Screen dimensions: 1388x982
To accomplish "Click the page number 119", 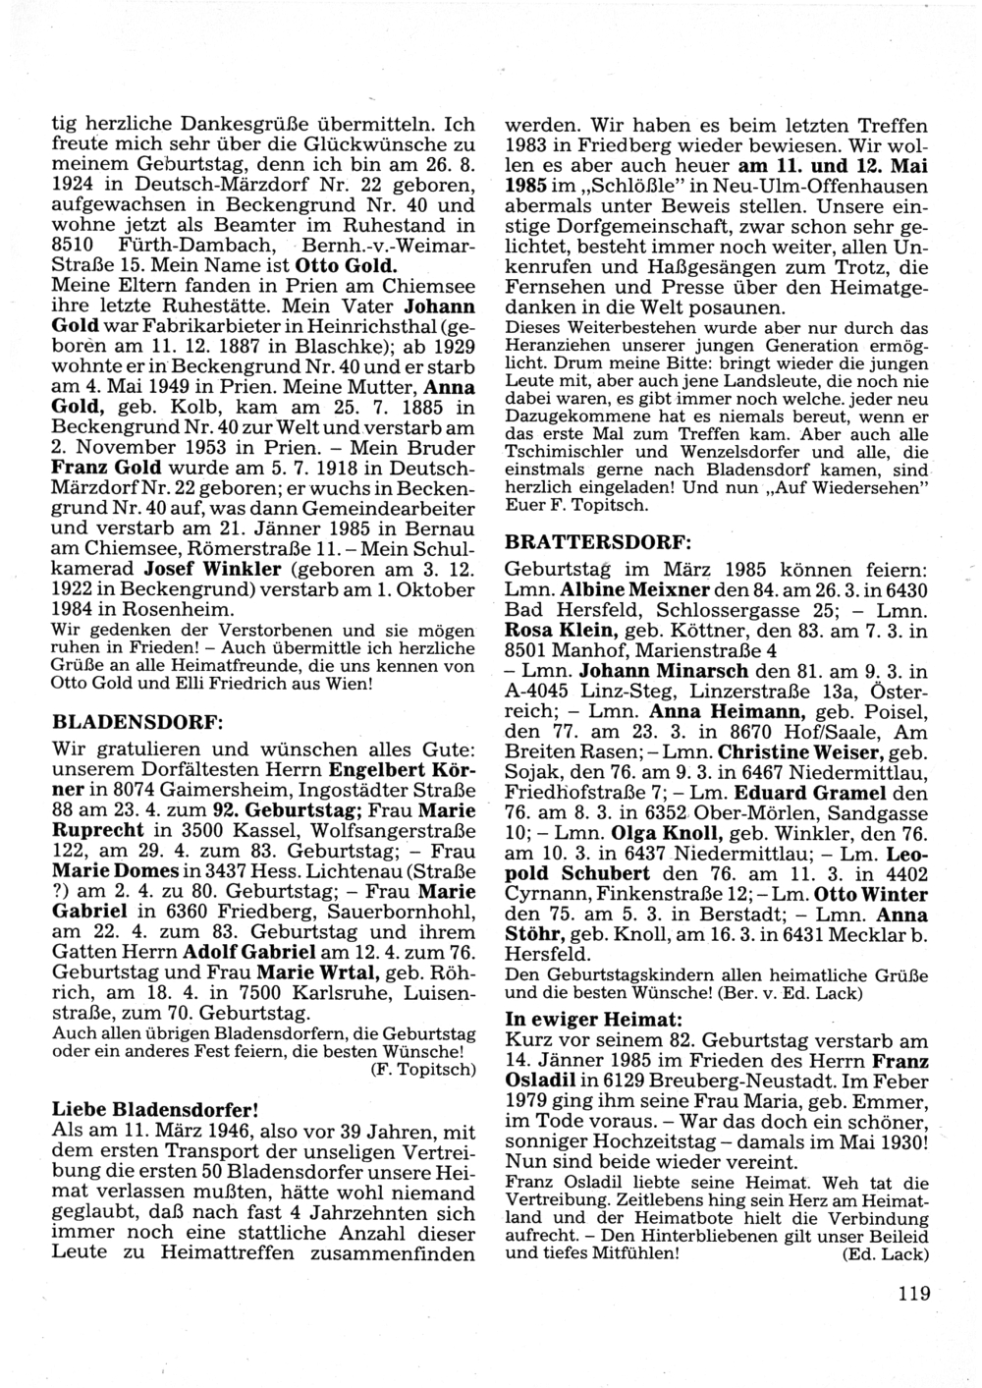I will coord(912,1293).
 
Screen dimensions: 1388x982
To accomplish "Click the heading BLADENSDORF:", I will coord(137,721).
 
